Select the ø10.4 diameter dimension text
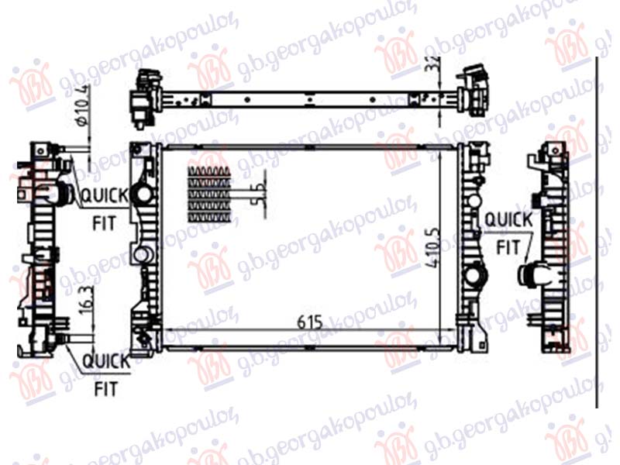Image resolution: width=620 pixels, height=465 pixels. [84, 108]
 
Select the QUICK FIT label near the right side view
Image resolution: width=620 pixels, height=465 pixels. [508, 233]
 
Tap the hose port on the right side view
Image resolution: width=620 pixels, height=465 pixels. [534, 273]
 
